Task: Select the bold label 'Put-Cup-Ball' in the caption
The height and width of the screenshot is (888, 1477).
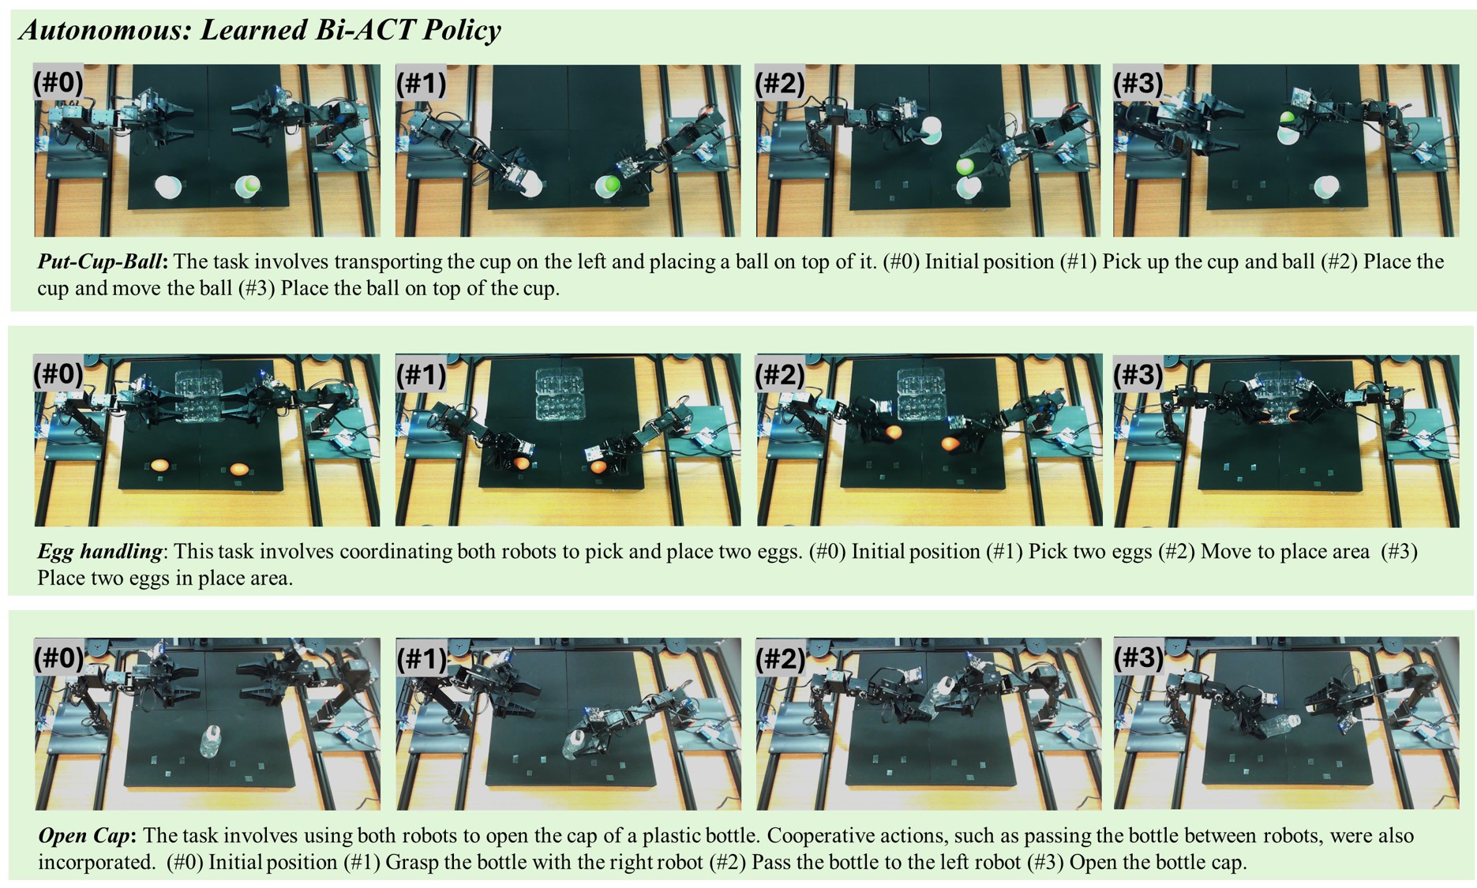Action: [x=102, y=262]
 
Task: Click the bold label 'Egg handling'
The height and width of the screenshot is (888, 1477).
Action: [x=99, y=552]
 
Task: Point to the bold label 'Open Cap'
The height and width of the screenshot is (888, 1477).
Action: [x=87, y=836]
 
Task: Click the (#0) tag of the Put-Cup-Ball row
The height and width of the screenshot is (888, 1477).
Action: [x=58, y=82]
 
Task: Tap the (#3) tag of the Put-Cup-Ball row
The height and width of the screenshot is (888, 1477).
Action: [x=1138, y=82]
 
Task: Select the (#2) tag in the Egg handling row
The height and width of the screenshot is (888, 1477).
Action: [x=780, y=373]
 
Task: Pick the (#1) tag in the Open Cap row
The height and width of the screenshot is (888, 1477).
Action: [x=421, y=658]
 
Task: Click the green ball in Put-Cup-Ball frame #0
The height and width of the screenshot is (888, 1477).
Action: [x=250, y=185]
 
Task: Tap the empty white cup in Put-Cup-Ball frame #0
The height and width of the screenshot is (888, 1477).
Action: [x=168, y=187]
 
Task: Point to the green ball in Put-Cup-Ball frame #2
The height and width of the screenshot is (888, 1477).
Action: [x=965, y=167]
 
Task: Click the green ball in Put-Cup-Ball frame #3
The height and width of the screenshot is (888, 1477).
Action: [x=1287, y=118]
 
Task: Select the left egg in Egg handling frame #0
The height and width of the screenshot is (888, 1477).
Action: [x=159, y=466]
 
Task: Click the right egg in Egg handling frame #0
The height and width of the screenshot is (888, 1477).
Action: [x=239, y=469]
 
